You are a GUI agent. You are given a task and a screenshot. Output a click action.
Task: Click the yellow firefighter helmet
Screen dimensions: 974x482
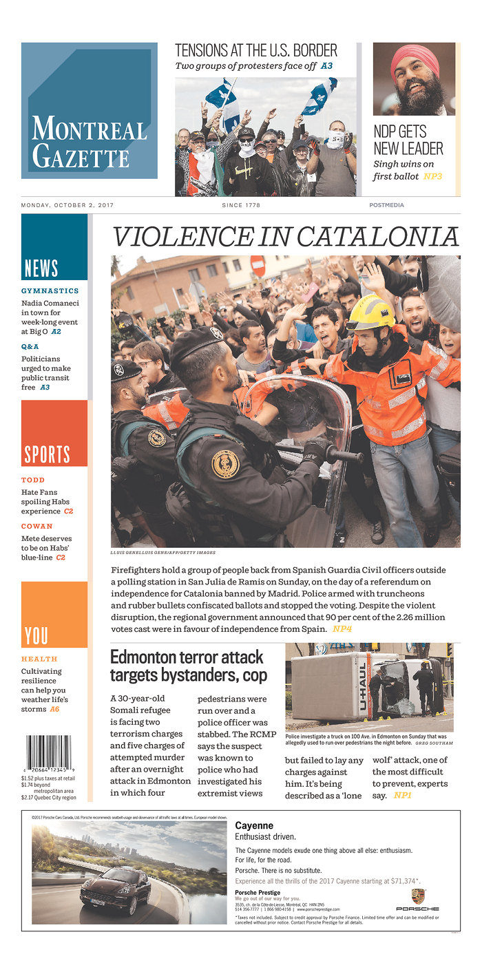click(370, 313)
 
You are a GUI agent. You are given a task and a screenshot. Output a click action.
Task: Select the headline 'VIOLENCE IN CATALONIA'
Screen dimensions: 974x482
click(285, 236)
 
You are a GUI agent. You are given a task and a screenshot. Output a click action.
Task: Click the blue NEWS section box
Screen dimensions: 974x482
click(54, 246)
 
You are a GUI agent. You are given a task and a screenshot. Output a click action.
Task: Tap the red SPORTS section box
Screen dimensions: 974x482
click(54, 433)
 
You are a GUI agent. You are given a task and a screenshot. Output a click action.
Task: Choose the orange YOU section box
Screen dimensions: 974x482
click(54, 614)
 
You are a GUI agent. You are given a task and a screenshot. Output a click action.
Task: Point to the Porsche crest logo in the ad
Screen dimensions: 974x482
click(417, 896)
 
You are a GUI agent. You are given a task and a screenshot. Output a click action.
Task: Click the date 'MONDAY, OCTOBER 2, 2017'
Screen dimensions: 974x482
click(67, 205)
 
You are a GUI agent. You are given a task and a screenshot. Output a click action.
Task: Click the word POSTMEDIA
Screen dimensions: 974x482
click(386, 205)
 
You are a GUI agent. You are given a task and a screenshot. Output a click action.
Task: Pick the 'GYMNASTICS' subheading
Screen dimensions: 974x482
click(50, 291)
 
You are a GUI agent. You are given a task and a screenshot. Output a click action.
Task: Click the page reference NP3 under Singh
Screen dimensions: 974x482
click(432, 177)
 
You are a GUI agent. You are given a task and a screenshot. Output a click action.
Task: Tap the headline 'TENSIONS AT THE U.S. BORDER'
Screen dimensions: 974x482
click(256, 50)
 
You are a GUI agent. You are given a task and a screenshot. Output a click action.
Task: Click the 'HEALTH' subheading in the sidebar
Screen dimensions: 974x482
click(39, 659)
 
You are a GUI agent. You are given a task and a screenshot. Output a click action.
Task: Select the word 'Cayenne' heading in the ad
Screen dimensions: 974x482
click(254, 825)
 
